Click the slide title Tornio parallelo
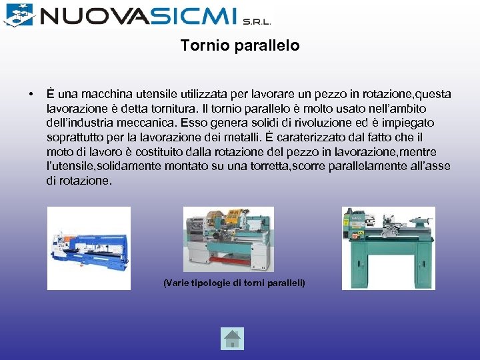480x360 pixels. coord(240,46)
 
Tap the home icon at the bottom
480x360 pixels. coord(232,339)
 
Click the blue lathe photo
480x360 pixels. coord(89,247)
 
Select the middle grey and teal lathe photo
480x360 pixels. coord(228,239)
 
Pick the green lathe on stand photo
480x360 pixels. coord(388,247)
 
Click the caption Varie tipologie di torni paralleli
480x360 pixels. coord(234,283)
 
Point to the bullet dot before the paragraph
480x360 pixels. coord(32,93)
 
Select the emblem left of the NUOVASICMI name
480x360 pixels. coord(18,14)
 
